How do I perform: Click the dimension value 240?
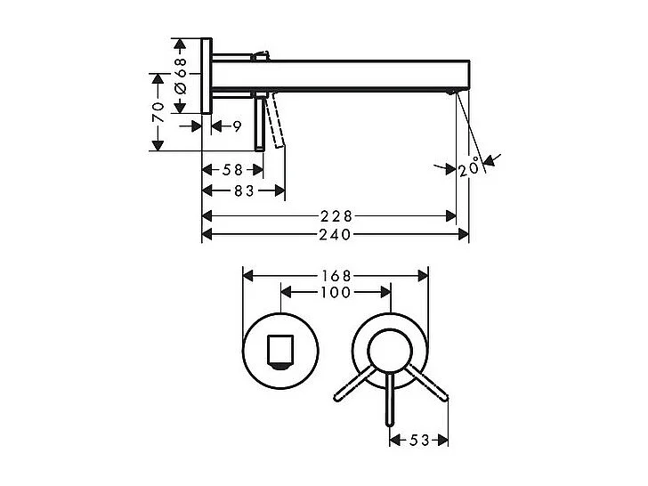click(x=336, y=235)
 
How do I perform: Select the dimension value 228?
click(x=336, y=215)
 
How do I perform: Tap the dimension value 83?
click(x=244, y=190)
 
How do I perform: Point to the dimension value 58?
click(x=233, y=169)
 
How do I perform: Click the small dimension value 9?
click(x=237, y=126)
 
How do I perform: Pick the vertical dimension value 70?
click(x=158, y=111)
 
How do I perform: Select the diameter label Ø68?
click(x=180, y=76)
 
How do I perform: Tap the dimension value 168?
click(x=336, y=276)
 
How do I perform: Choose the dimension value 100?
click(x=336, y=292)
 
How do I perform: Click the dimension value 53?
click(x=419, y=440)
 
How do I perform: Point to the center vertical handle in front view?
click(x=389, y=405)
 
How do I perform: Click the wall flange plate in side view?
click(x=207, y=77)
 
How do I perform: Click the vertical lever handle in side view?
click(x=259, y=123)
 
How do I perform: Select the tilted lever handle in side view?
click(x=279, y=123)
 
